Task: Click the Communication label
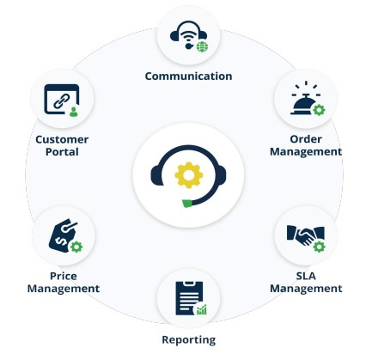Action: (x=188, y=76)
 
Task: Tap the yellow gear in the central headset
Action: (x=189, y=175)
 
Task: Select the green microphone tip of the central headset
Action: (x=187, y=204)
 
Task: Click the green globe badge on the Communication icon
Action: (x=203, y=46)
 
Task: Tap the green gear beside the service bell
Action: (x=319, y=110)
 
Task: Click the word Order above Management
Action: (x=306, y=139)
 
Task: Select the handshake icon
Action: (x=305, y=235)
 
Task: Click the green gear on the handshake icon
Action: (x=319, y=247)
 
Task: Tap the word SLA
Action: (x=306, y=276)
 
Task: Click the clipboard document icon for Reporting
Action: (x=189, y=298)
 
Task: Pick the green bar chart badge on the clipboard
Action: (x=202, y=309)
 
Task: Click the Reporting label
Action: (x=189, y=340)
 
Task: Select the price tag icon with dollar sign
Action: (x=64, y=235)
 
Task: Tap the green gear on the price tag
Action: (x=76, y=247)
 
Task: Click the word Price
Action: (x=64, y=276)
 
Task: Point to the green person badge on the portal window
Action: (x=74, y=112)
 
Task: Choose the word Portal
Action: (x=62, y=152)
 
